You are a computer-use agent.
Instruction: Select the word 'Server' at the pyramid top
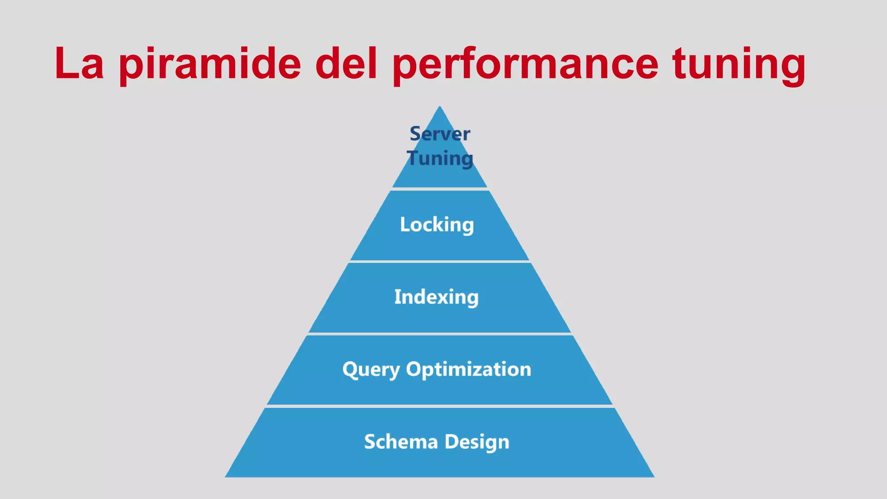440,134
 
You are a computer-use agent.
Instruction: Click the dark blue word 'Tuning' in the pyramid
440,158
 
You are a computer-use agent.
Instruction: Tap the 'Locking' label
437,225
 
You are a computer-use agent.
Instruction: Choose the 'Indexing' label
437,297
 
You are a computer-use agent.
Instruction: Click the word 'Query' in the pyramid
371,370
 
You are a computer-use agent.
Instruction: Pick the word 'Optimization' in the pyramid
468,369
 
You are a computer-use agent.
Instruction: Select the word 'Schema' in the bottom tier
401,442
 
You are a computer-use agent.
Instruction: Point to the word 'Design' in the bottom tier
477,442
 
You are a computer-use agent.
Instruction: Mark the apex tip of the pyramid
440,107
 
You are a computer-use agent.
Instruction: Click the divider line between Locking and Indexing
440,262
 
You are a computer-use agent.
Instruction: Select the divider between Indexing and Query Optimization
440,334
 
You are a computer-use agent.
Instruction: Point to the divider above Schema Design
440,406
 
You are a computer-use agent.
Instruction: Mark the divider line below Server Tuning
440,189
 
